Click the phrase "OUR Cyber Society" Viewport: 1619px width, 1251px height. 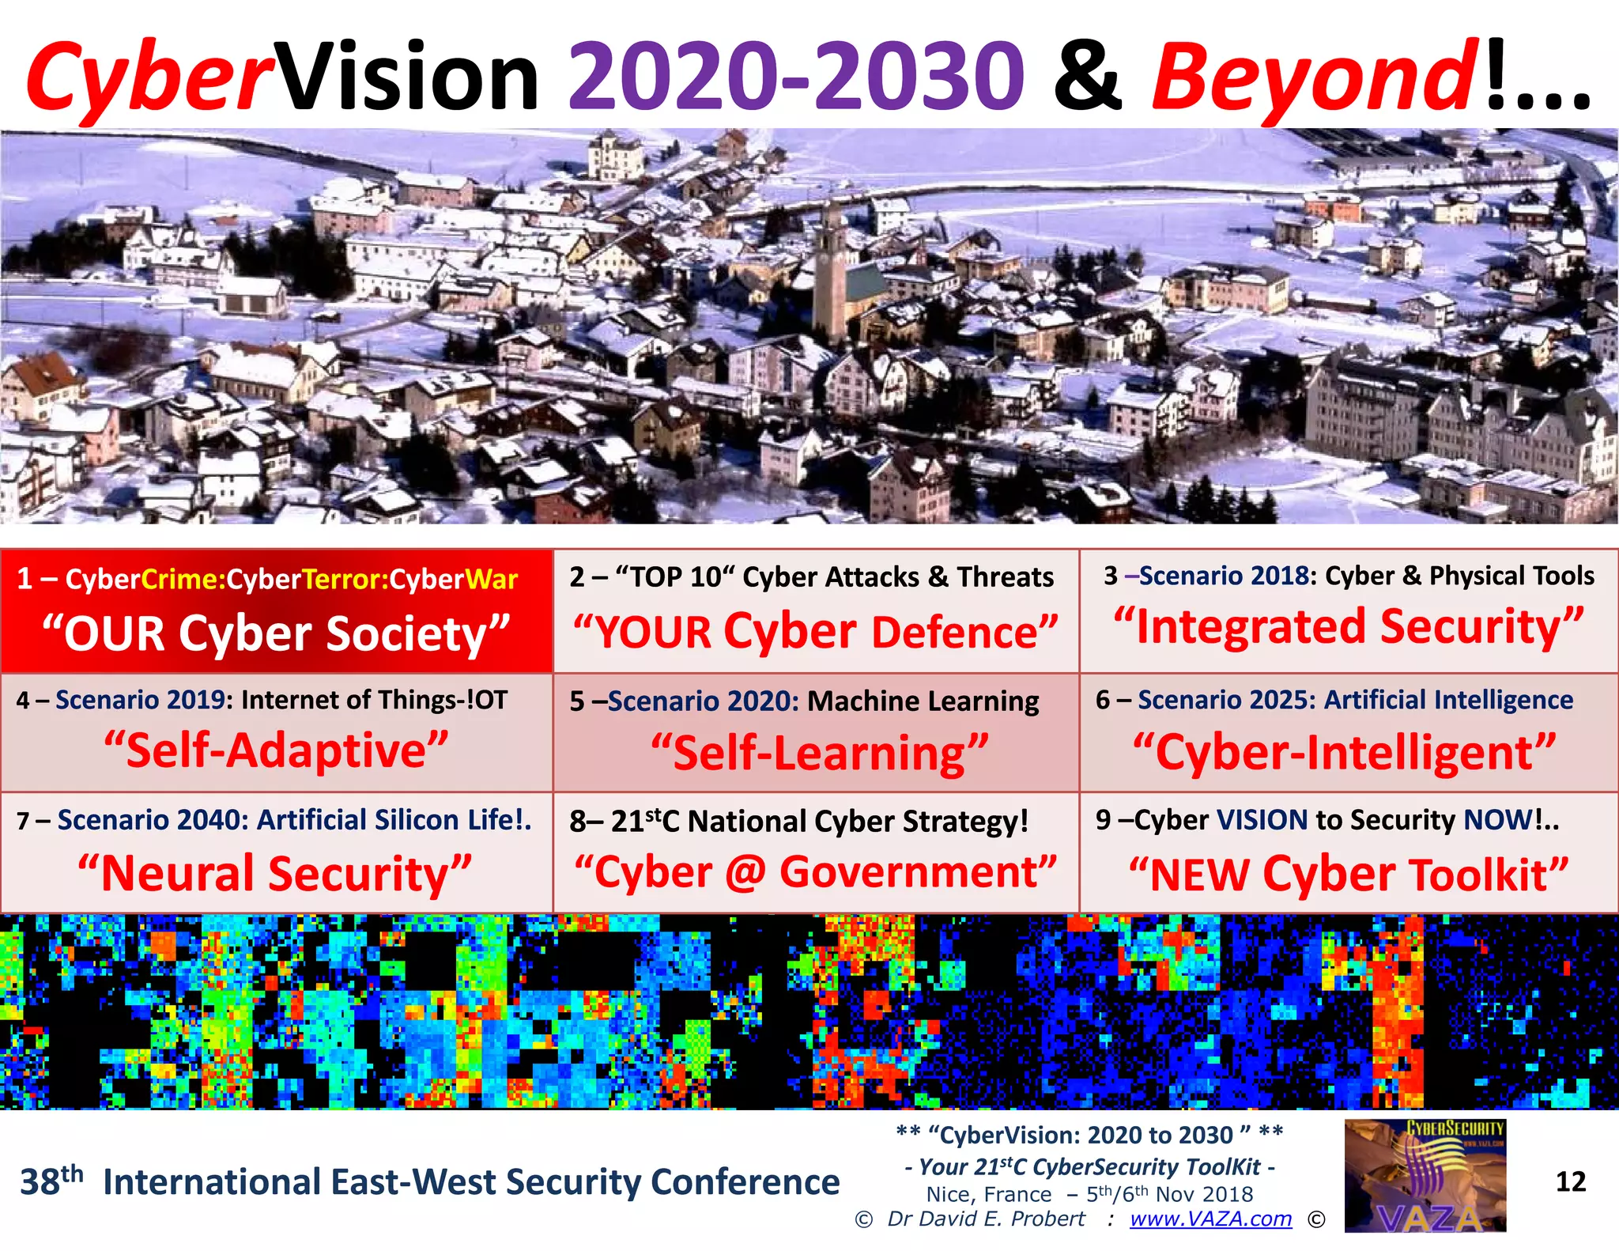276,634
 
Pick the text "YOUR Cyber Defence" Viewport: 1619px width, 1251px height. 815,632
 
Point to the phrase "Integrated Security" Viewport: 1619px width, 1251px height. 1349,627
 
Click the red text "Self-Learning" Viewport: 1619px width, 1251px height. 820,753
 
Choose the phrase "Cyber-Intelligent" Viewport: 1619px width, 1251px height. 1344,751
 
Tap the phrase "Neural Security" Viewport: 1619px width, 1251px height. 274,874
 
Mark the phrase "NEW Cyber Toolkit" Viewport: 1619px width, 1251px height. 1348,875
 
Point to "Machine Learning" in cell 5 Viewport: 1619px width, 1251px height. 923,701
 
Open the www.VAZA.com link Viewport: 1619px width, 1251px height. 1210,1219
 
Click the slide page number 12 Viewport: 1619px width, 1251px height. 1570,1181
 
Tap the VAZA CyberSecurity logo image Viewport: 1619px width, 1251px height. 1425,1175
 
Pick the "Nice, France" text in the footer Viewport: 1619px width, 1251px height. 988,1194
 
